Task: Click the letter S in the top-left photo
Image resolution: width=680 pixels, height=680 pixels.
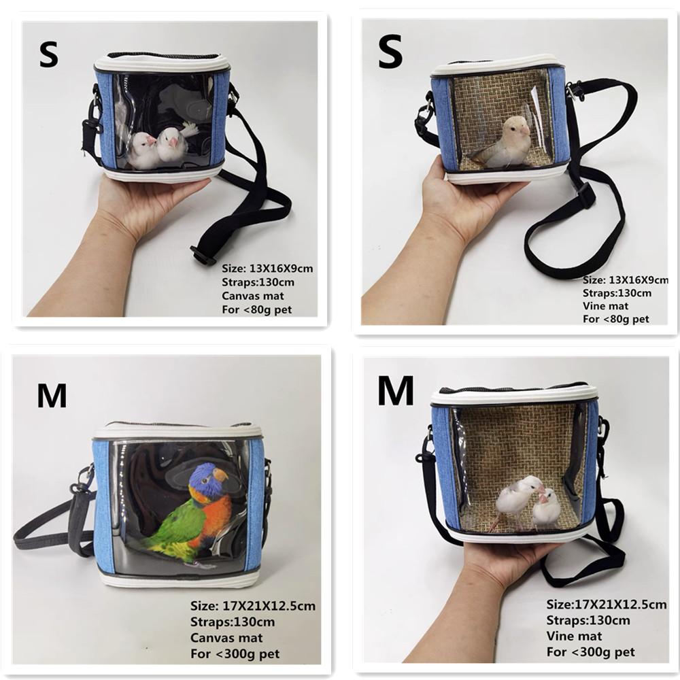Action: pos(49,55)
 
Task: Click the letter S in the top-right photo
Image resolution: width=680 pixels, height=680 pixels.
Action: pos(390,54)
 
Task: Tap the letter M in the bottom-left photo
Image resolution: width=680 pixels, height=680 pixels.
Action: pos(52,395)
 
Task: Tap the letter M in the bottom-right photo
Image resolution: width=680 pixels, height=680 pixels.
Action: pos(396,391)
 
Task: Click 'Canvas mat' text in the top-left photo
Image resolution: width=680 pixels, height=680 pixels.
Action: pos(252,296)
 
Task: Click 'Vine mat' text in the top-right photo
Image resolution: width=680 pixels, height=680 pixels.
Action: pos(605,306)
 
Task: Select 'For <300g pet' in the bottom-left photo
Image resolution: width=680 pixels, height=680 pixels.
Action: pos(235,654)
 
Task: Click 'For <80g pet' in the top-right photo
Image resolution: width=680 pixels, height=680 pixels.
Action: pos(615,319)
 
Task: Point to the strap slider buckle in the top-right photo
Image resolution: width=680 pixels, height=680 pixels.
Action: pos(584,194)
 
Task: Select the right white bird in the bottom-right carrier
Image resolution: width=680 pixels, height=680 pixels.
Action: pos(546,508)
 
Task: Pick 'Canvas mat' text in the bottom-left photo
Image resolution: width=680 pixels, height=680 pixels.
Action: pos(226,638)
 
